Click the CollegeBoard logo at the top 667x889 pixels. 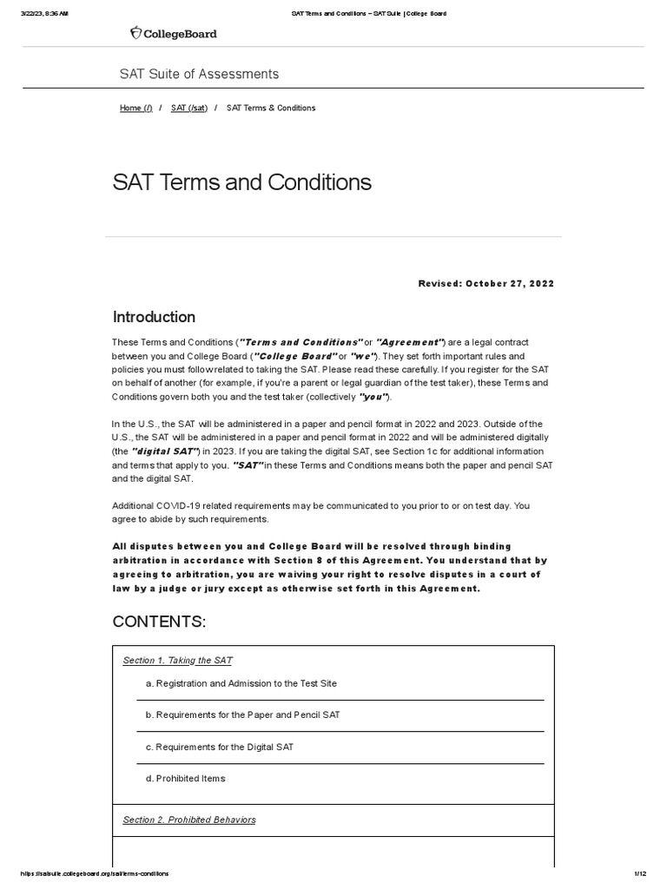point(173,33)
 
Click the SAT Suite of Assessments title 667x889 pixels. point(199,74)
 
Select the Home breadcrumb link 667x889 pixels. point(135,108)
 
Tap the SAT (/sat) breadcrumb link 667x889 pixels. point(188,108)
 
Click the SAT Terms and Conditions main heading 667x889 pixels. point(241,182)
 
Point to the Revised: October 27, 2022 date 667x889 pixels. point(485,284)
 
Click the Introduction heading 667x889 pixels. point(154,317)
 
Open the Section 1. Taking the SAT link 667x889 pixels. point(177,661)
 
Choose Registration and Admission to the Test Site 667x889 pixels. point(241,683)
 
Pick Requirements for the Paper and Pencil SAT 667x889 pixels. point(242,715)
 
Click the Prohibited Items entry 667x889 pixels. point(185,779)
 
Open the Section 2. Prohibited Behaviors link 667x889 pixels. point(188,820)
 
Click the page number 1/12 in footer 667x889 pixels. point(640,873)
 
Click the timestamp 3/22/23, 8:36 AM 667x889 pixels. point(44,13)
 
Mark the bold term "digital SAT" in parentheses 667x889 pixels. point(165,451)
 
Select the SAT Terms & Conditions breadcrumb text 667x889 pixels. point(270,108)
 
